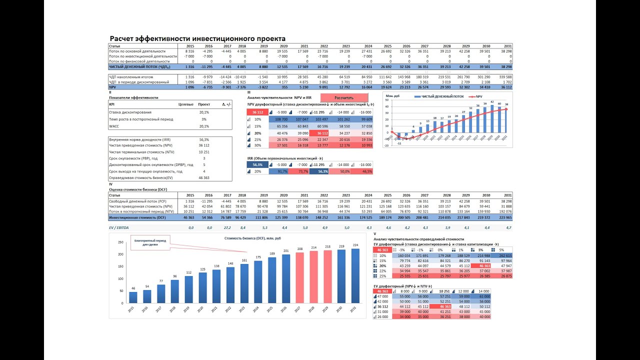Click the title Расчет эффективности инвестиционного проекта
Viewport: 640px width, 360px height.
(197, 38)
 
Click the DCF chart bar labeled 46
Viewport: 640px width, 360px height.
(133, 297)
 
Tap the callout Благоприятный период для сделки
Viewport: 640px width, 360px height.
(150, 242)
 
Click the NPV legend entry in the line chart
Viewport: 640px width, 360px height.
(476, 96)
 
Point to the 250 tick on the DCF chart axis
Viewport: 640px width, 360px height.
(120, 242)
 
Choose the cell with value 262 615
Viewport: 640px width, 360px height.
(501, 255)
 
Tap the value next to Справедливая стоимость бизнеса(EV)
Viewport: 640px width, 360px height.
(203, 177)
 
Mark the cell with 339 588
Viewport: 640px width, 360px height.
(503, 76)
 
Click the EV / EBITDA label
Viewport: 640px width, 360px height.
(119, 227)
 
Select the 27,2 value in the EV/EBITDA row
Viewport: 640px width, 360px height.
(227, 227)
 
